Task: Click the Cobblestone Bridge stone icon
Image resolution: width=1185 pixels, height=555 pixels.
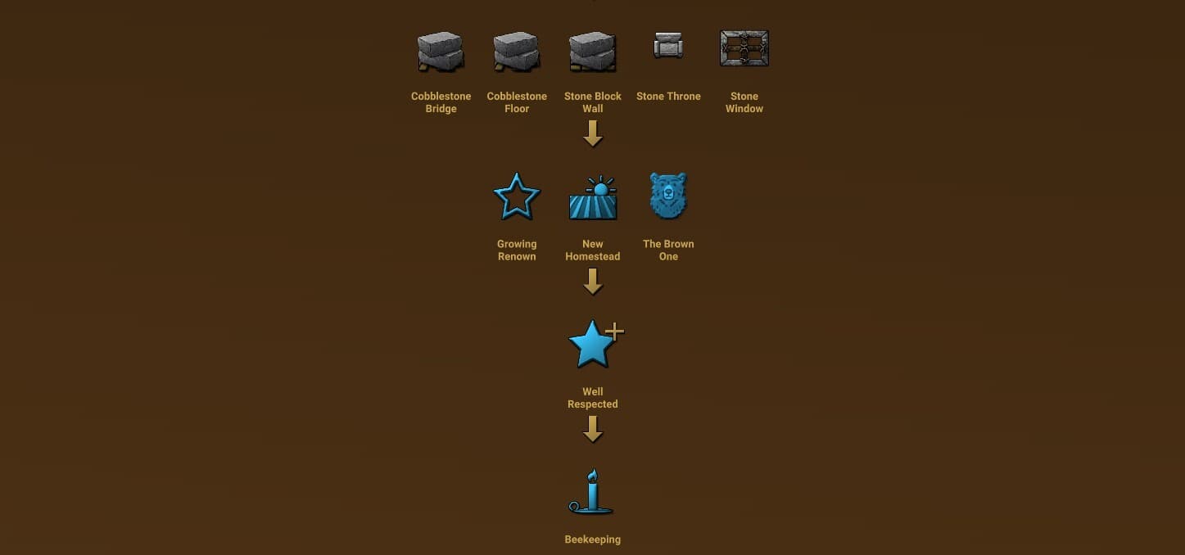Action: click(441, 52)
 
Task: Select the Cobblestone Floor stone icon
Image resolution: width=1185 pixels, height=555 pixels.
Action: click(517, 52)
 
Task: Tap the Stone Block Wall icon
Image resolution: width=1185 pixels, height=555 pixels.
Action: click(593, 52)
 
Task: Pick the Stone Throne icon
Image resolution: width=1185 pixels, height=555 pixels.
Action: click(668, 45)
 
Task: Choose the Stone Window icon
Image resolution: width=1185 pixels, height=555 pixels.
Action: click(744, 48)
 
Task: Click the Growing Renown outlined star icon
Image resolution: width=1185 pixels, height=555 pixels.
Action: click(517, 196)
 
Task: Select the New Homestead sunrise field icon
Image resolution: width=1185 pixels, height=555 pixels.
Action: click(593, 197)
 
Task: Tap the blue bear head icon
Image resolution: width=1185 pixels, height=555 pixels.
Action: click(668, 196)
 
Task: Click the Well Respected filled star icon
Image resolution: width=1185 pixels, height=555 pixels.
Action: click(593, 344)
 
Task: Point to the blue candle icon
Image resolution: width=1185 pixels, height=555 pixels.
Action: click(591, 492)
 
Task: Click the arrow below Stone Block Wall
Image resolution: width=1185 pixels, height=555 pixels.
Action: click(593, 133)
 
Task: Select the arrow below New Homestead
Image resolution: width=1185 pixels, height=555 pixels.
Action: click(593, 282)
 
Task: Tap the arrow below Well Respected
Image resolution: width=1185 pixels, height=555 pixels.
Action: click(593, 429)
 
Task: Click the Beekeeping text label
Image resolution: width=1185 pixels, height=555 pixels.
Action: click(593, 539)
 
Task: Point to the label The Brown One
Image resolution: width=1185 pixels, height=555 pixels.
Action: click(668, 250)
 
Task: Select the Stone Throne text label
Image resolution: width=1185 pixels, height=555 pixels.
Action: click(668, 97)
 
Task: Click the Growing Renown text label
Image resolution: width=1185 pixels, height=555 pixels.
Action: click(517, 250)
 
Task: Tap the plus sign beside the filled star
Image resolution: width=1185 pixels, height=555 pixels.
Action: click(614, 332)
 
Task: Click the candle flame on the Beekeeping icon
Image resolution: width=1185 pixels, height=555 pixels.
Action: click(593, 475)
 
